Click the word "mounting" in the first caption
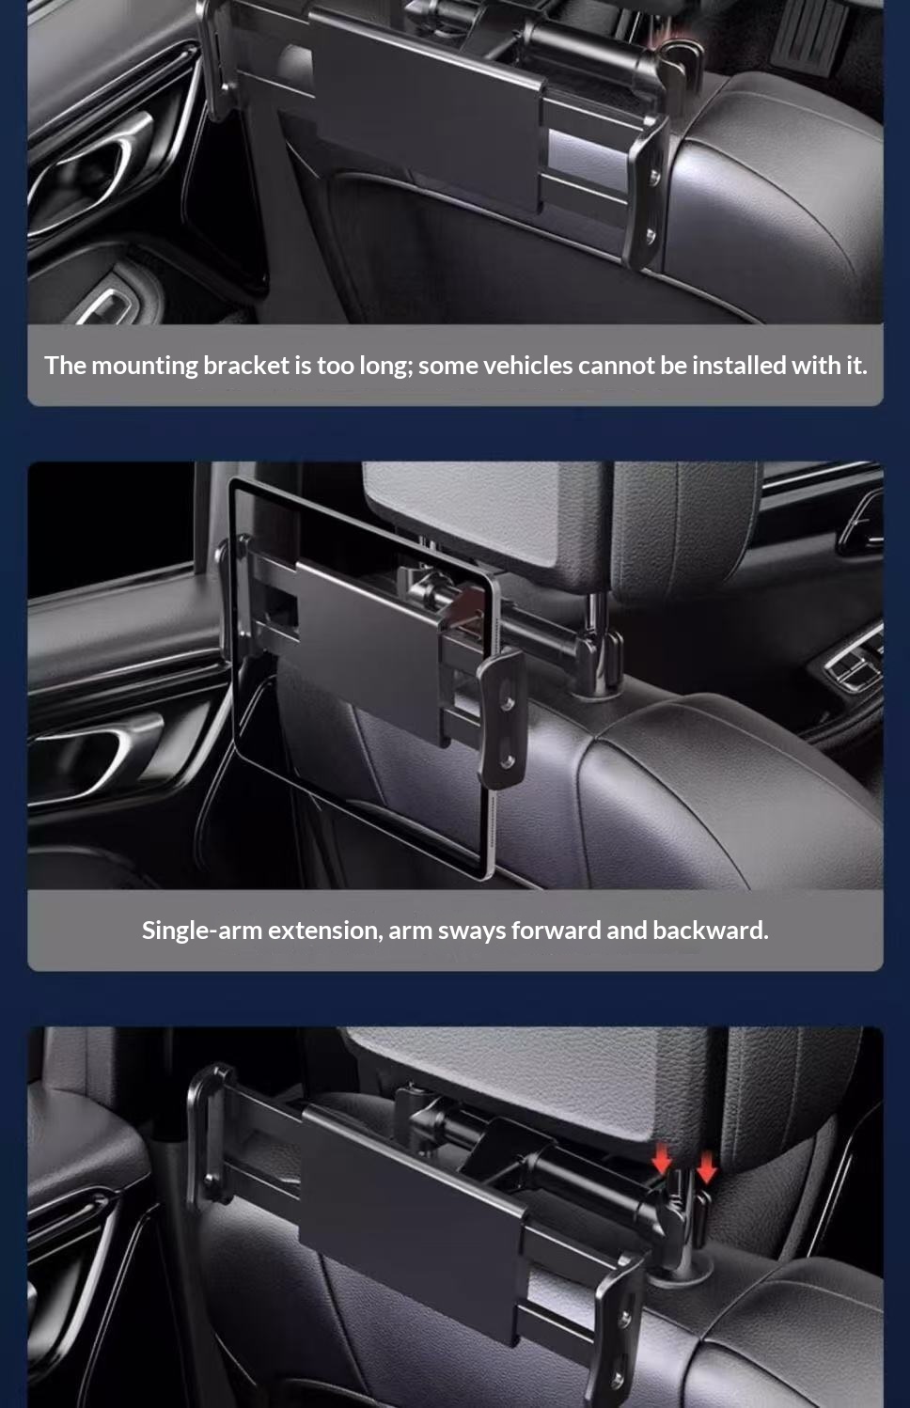pyautogui.click(x=145, y=366)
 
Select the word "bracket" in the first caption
pyautogui.click(x=246, y=366)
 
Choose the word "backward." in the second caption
pyautogui.click(x=711, y=931)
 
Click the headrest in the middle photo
pyautogui.click(x=559, y=522)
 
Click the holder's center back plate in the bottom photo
pyautogui.click(x=412, y=1216)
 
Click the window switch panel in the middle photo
pyautogui.click(x=851, y=660)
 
